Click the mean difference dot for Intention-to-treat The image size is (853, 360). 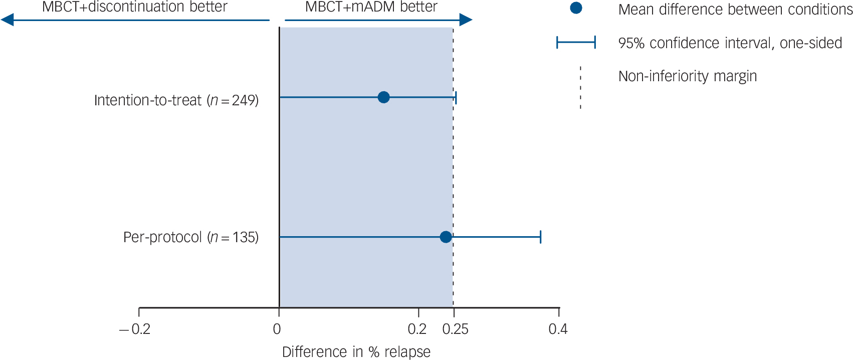(x=383, y=97)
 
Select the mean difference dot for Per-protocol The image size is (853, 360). (x=446, y=237)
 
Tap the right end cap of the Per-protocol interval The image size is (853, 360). (x=540, y=237)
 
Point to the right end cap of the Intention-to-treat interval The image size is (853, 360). (x=456, y=97)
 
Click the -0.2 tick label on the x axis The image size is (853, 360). (x=135, y=329)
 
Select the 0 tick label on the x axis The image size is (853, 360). (x=277, y=329)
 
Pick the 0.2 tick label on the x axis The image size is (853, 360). (x=417, y=329)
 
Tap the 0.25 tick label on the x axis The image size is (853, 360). (x=455, y=329)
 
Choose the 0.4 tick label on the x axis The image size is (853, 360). (x=558, y=329)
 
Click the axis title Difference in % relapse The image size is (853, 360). (x=356, y=352)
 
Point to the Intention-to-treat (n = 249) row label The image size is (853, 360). (x=176, y=100)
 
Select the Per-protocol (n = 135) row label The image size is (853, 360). (x=191, y=237)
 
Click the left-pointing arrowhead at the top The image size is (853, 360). (x=7, y=20)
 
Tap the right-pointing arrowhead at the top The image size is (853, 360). (x=466, y=20)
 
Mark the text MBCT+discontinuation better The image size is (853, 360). (x=135, y=7)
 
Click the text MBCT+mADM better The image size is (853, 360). (x=371, y=7)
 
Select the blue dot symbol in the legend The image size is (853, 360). (x=576, y=8)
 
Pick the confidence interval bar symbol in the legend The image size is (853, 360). (x=576, y=43)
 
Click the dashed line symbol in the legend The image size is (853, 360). (x=580, y=87)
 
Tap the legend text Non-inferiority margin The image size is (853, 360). (x=687, y=76)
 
